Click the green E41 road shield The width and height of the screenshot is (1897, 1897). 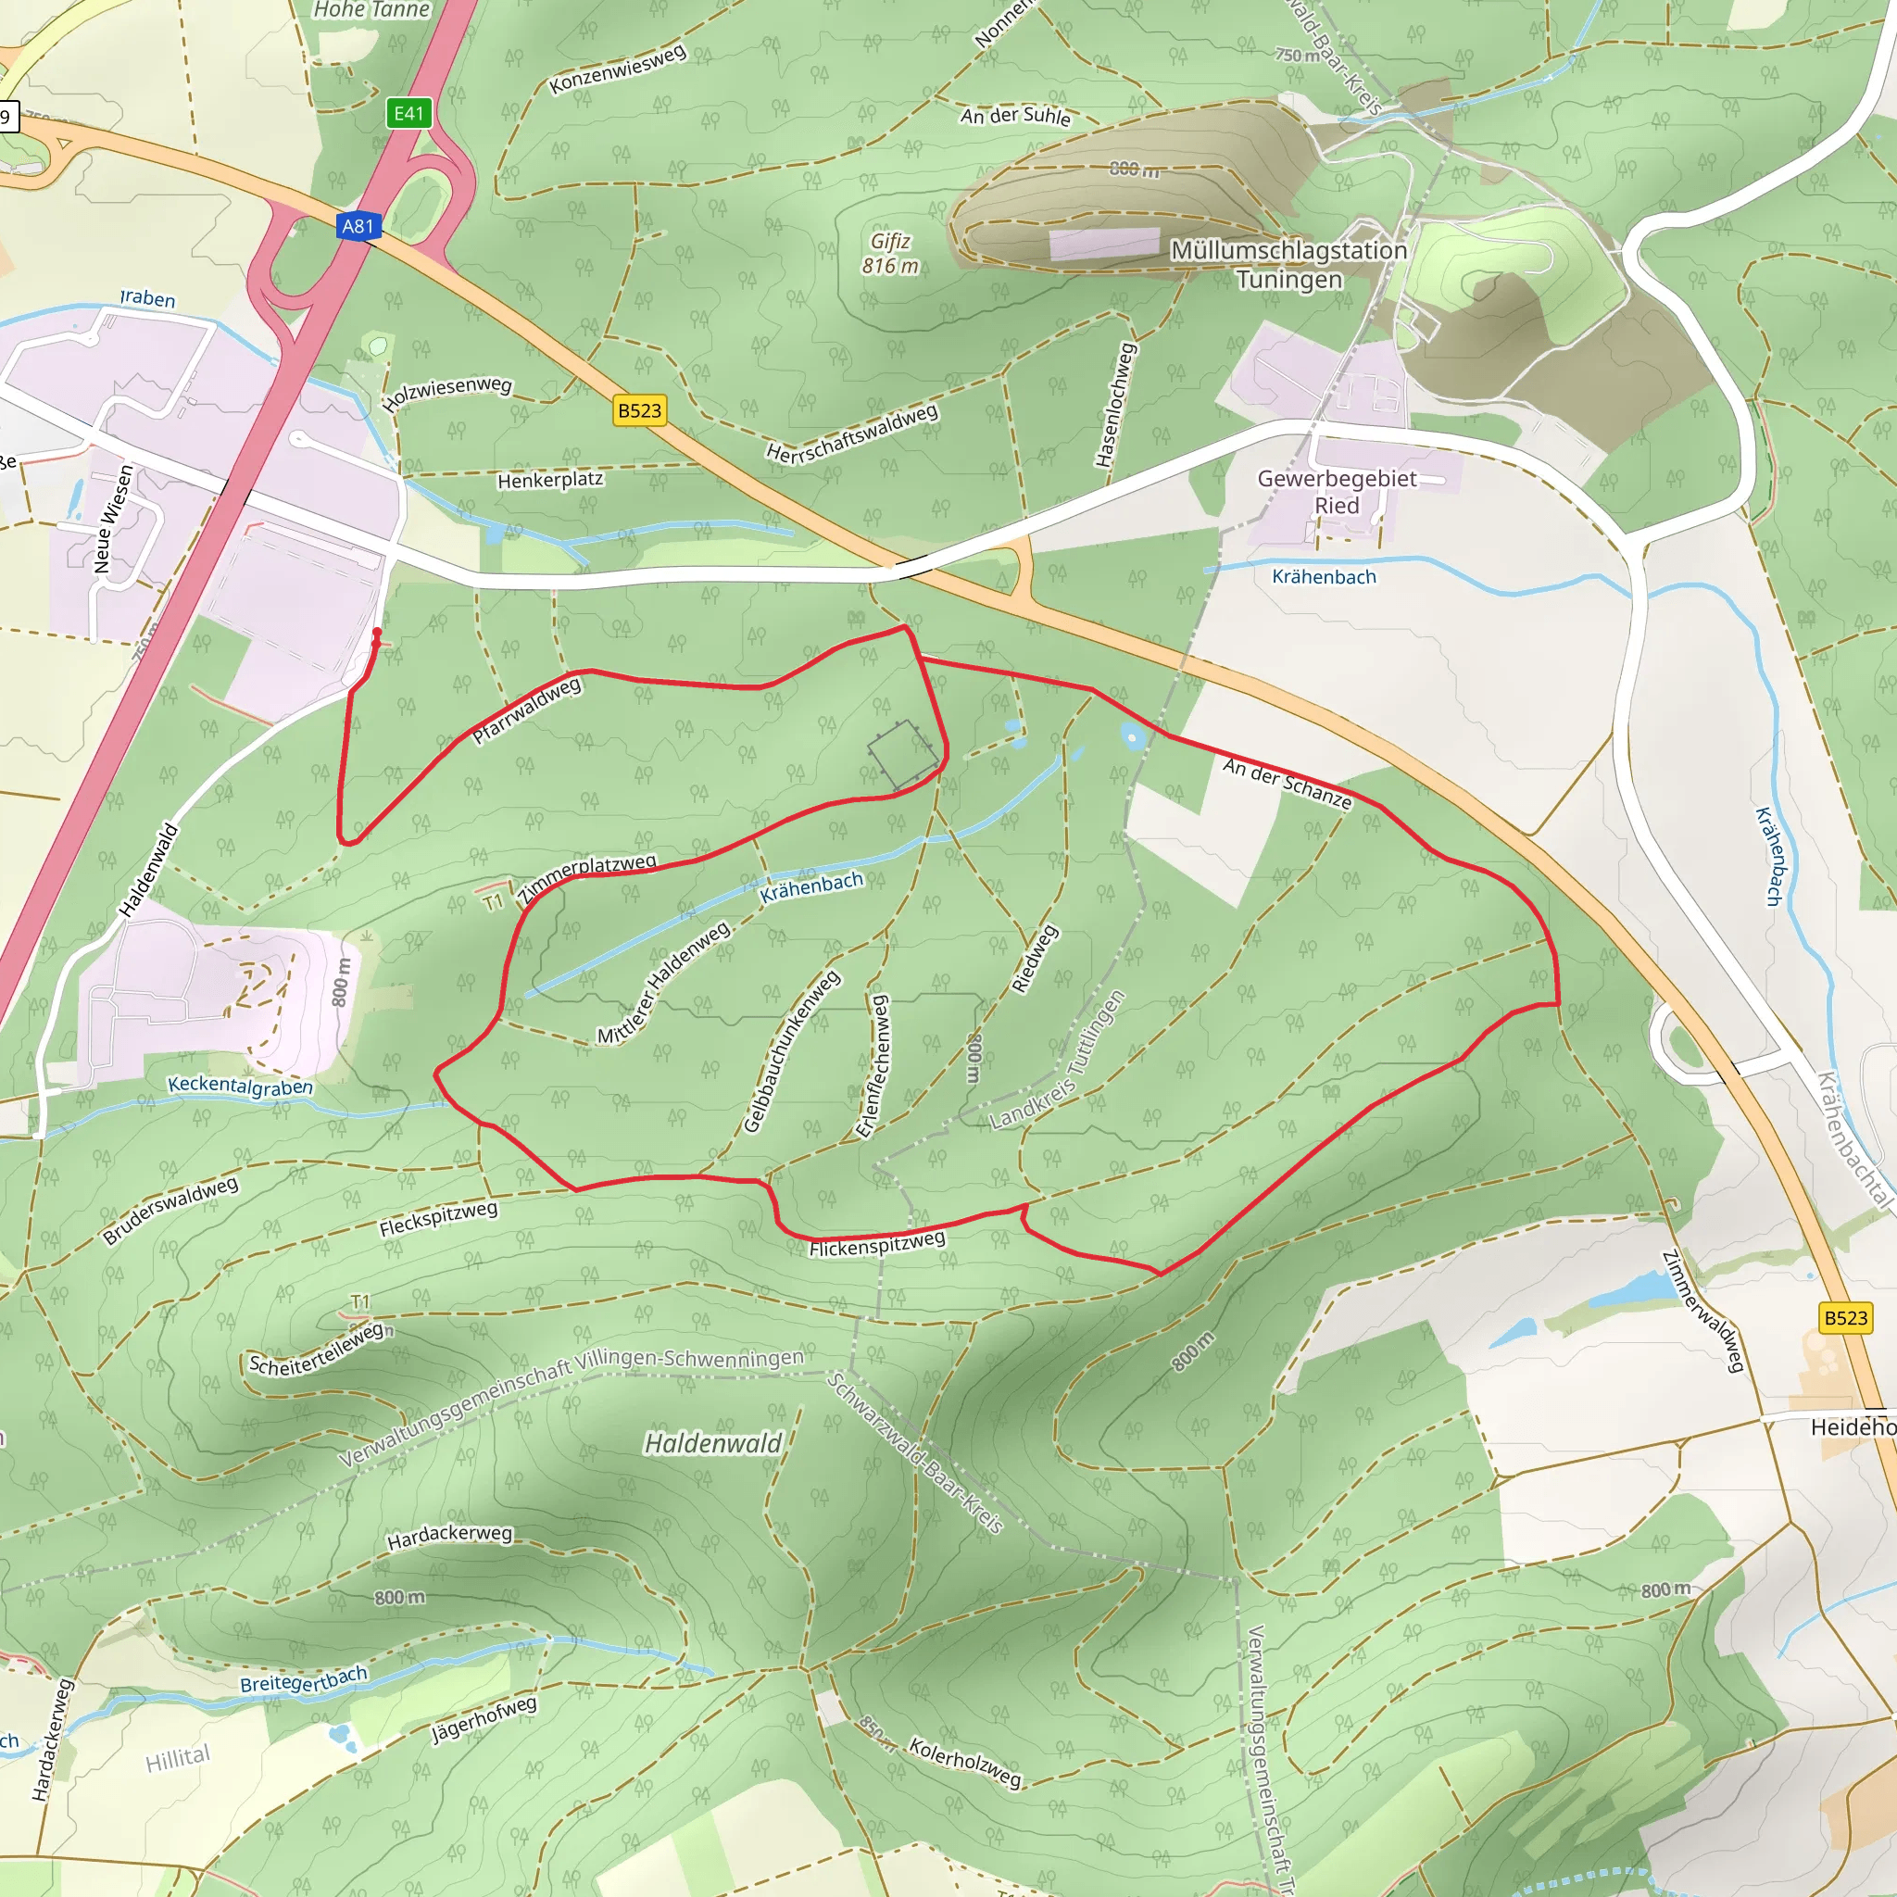(x=408, y=113)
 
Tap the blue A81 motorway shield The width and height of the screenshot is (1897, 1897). (x=358, y=227)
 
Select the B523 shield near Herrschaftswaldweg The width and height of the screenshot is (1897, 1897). (x=639, y=410)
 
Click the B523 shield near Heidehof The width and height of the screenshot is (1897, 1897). (x=1845, y=1318)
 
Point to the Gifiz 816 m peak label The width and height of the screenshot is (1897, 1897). (x=890, y=253)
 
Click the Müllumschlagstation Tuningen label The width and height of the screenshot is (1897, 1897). (x=1288, y=265)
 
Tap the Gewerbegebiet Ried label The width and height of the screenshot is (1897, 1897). (x=1337, y=492)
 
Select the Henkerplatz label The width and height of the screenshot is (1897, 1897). (x=550, y=480)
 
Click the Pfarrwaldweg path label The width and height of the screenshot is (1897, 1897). (x=527, y=710)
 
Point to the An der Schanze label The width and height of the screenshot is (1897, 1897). (x=1288, y=784)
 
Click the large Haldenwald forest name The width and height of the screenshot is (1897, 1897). (x=713, y=1443)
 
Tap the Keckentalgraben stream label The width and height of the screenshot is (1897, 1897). (x=240, y=1086)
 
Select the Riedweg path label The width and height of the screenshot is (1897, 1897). (x=1035, y=960)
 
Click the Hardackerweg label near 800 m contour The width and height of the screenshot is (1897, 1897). (x=448, y=1537)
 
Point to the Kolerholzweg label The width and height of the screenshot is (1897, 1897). (x=964, y=1763)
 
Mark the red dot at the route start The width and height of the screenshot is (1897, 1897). (x=377, y=633)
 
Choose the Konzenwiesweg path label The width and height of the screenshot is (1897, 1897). (x=617, y=69)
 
